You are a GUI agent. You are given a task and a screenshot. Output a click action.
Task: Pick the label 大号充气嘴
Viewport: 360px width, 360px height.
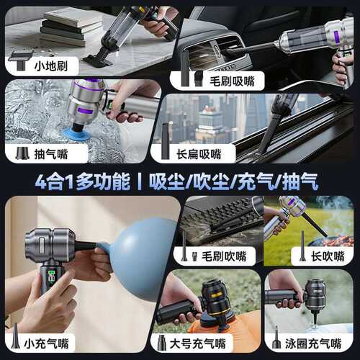(x=199, y=343)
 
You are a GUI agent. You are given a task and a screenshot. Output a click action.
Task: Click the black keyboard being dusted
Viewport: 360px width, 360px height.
(x=216, y=220)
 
